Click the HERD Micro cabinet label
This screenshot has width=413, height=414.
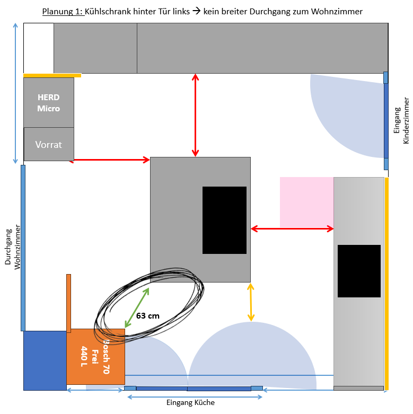(x=49, y=103)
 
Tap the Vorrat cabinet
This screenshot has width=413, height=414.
(x=49, y=144)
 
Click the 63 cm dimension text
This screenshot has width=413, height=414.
(x=148, y=316)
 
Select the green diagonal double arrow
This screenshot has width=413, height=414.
(x=137, y=307)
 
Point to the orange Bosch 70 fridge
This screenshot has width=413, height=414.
(x=95, y=356)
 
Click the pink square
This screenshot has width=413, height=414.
(x=306, y=202)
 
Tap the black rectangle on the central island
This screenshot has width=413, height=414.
(x=224, y=220)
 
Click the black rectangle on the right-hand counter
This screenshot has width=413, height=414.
(x=359, y=271)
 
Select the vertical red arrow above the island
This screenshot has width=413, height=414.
(x=196, y=115)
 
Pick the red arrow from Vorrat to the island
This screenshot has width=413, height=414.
(x=110, y=160)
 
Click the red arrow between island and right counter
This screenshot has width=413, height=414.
(x=292, y=228)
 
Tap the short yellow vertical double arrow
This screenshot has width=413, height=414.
(x=251, y=302)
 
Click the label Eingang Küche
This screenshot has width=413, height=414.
(x=190, y=402)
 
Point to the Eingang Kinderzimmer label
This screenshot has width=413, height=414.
(x=402, y=120)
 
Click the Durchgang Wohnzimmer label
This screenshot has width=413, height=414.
(x=13, y=247)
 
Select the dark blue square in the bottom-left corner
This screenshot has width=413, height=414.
(x=45, y=360)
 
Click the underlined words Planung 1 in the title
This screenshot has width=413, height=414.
(x=63, y=12)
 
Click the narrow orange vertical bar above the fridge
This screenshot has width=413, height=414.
(x=69, y=303)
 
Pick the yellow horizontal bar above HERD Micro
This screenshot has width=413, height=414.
(x=52, y=75)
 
